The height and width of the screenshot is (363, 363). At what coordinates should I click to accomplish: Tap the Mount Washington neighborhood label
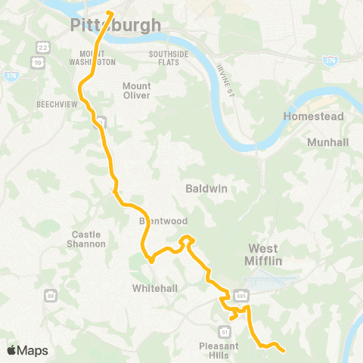98,57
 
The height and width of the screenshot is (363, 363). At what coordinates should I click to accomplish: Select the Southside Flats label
173,57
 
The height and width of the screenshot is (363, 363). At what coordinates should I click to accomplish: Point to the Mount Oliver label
137,90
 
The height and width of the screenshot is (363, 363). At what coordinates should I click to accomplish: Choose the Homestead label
313,116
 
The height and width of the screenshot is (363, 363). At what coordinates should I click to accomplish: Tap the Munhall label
327,141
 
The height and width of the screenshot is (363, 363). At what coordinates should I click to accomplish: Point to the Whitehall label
154,288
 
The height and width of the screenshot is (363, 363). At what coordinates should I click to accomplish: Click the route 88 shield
49,293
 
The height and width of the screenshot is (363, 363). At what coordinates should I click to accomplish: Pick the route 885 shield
241,295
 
